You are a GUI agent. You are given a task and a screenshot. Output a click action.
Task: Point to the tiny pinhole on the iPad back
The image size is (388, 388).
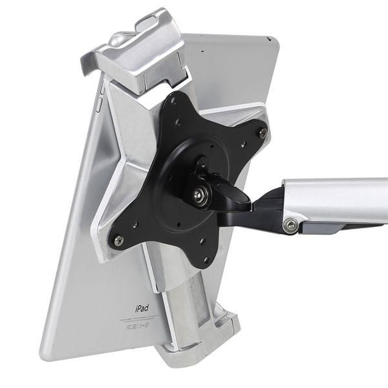pyautogui.click(x=202, y=49)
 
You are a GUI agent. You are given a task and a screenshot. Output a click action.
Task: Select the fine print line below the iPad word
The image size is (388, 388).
pyautogui.click(x=138, y=319)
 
